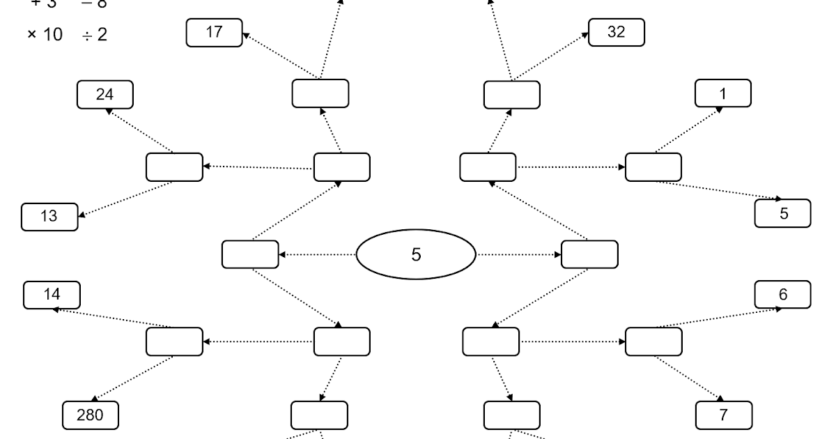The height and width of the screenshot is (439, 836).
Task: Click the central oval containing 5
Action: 415,254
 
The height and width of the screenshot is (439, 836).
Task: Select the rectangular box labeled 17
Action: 215,33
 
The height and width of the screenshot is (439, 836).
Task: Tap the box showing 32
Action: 617,33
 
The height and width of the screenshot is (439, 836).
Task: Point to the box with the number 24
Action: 104,95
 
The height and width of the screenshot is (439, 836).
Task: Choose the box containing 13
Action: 49,216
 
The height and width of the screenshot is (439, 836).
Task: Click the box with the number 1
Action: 724,93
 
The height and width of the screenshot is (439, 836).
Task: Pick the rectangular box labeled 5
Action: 783,213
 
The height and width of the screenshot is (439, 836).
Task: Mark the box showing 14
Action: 52,295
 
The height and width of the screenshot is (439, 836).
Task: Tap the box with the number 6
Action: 783,294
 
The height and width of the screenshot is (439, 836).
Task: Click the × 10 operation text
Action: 45,34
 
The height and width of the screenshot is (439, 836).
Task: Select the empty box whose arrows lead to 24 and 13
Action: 174,167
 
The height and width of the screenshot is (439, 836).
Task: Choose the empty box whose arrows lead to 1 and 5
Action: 653,167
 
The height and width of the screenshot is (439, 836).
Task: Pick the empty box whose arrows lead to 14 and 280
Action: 174,341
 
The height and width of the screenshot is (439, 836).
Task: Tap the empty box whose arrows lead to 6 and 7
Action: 653,341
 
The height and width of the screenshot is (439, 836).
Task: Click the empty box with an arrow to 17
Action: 320,94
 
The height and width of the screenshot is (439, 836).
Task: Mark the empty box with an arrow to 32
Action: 512,94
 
